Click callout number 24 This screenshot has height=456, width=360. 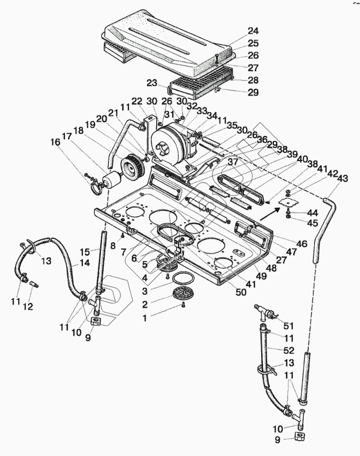click(238, 31)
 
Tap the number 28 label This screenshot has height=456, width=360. click(238, 81)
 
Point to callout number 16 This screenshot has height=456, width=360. click(55, 143)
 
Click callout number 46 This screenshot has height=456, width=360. click(302, 243)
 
